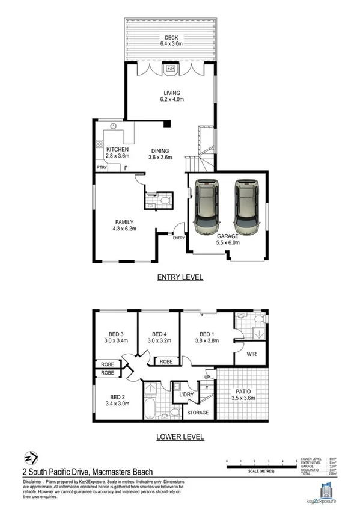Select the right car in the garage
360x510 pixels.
(x=246, y=207)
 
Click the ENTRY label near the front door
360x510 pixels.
(x=179, y=238)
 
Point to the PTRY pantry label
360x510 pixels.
(x=102, y=168)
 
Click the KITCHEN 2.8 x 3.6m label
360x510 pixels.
(x=117, y=153)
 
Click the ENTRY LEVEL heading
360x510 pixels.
(x=180, y=277)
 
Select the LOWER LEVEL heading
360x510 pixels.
(x=180, y=437)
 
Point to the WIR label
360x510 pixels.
(x=252, y=354)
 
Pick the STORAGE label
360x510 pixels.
(x=198, y=413)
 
